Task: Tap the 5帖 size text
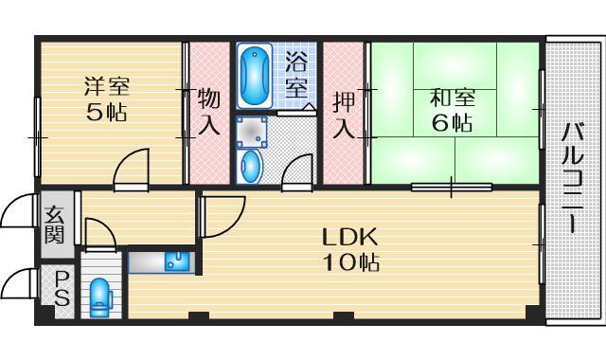106,112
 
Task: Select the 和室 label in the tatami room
451,98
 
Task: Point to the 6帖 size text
451,123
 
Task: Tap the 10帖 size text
348,262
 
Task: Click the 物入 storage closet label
209,111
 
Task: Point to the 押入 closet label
344,112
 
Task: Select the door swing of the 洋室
131,169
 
